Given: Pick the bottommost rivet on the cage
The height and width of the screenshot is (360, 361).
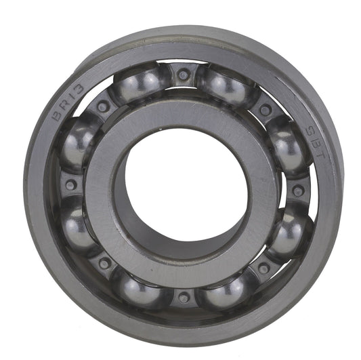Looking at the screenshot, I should [184, 298].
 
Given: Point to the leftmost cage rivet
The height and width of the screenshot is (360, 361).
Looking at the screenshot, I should [70, 184].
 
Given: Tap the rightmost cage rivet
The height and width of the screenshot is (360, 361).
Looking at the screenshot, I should [297, 191].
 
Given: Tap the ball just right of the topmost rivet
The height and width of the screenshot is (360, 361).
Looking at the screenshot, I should [225, 85].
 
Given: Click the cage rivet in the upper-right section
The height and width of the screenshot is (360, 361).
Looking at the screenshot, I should [266, 109].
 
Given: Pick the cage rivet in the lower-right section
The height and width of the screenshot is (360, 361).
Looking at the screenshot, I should [263, 268].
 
